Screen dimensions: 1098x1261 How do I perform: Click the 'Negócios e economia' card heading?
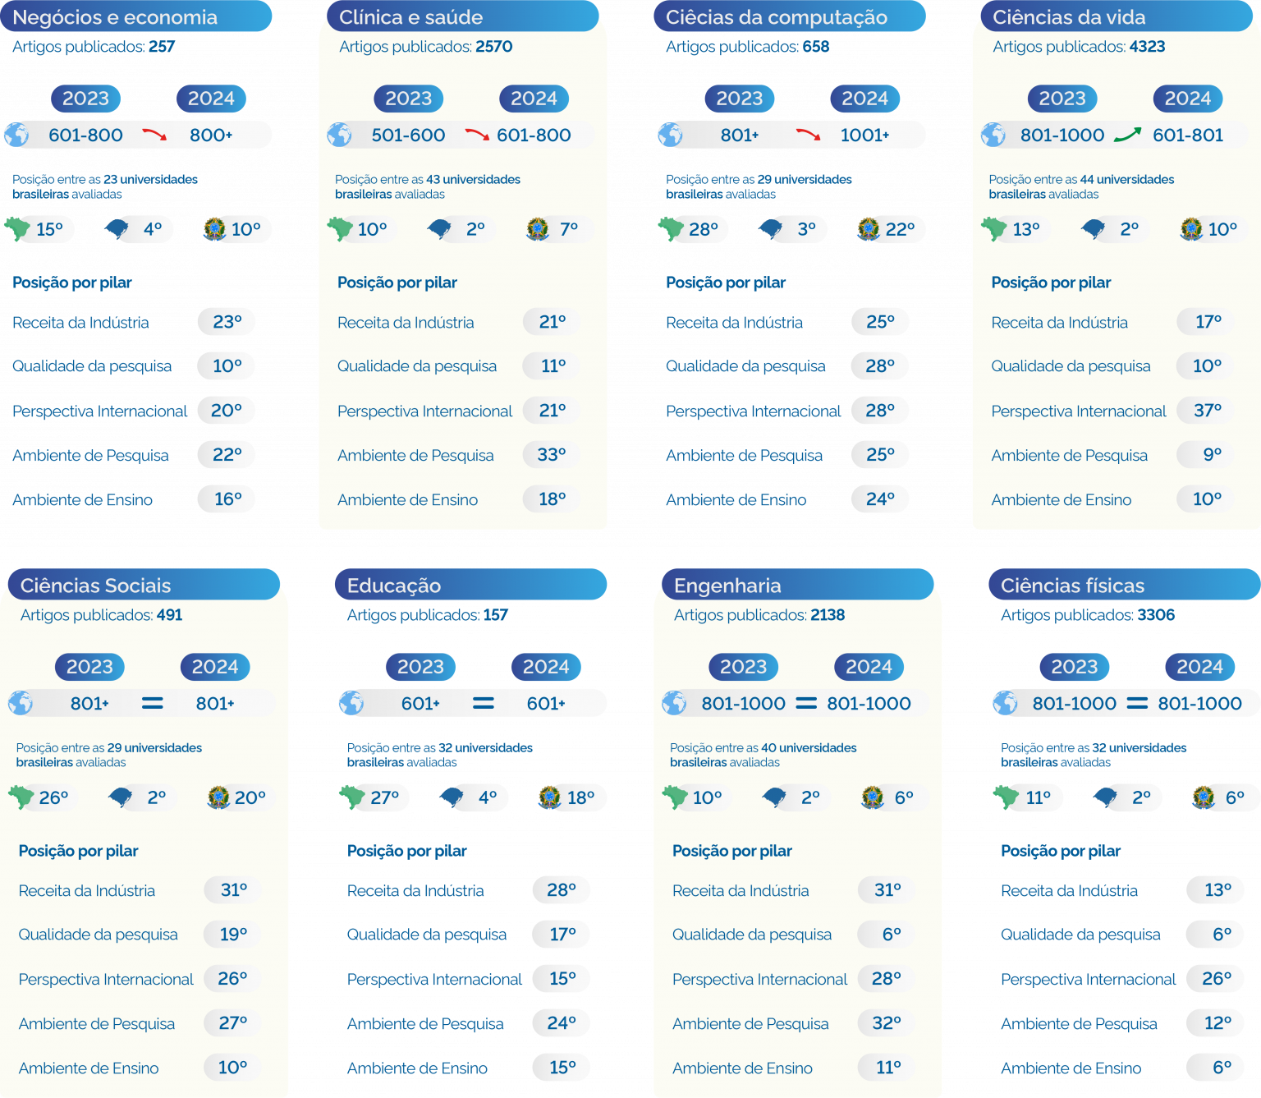pos(115,17)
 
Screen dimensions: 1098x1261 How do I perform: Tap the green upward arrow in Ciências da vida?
pos(1127,135)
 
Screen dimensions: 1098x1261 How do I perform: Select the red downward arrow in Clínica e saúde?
pos(477,135)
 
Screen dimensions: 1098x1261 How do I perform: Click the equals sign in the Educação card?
pos(484,703)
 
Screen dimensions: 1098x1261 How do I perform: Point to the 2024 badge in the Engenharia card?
pos(869,667)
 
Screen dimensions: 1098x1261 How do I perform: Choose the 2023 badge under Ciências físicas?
pos(1074,667)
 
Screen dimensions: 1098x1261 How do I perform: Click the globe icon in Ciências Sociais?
pos(21,703)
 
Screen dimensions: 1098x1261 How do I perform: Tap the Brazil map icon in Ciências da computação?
pos(671,228)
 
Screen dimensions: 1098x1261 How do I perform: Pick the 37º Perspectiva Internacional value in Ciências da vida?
pos(1207,410)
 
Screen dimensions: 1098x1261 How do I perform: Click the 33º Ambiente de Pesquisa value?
pos(552,454)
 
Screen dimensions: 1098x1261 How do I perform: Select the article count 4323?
pos(1147,47)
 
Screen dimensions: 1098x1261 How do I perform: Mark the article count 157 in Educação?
pos(495,615)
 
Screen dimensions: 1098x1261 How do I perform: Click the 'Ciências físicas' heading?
pos(1072,586)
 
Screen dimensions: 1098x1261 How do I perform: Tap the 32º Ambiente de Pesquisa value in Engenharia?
pos(887,1023)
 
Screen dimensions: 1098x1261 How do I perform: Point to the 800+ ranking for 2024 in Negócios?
pos(211,135)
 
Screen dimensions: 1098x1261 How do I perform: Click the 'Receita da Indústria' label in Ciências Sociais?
pos(86,891)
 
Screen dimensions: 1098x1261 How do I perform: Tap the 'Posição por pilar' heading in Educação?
pos(406,851)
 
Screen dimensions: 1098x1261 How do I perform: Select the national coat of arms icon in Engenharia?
pos(872,797)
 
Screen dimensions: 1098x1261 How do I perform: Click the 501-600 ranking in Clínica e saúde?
pos(408,135)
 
